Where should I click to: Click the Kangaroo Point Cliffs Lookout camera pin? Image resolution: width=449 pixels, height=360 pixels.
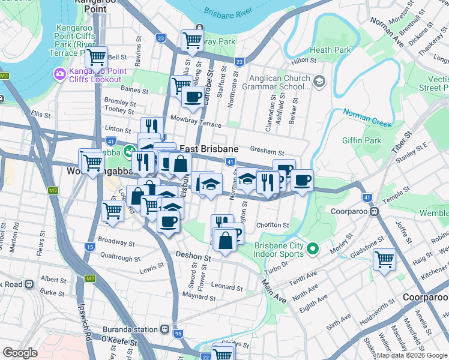click(x=59, y=74)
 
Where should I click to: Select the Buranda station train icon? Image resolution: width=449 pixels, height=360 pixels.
click(x=164, y=329)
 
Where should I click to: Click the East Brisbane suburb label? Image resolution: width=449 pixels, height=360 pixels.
click(x=209, y=149)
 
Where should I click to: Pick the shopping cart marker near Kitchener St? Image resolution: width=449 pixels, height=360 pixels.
click(x=384, y=259)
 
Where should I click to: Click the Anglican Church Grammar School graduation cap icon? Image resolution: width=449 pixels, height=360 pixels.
click(x=319, y=81)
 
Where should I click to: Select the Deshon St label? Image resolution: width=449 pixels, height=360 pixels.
click(x=193, y=256)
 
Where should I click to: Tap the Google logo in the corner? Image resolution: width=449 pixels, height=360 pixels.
click(x=20, y=353)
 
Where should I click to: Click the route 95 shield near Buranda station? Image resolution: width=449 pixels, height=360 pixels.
click(x=178, y=334)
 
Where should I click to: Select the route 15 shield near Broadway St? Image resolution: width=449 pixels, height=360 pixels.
click(x=90, y=247)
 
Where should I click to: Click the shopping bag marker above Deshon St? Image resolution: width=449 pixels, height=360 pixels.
click(x=225, y=241)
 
